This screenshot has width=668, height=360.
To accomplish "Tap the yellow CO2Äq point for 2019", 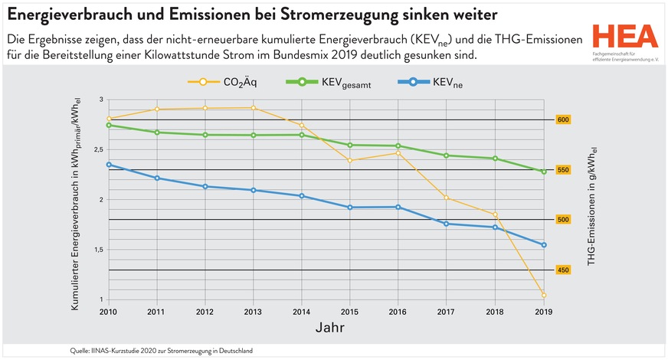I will tap(544, 295).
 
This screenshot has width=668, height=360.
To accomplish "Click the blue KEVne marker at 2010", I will tap(109, 165).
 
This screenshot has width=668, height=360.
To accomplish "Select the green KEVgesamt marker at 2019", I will tap(544, 172).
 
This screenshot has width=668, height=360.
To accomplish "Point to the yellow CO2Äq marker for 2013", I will tap(254, 108).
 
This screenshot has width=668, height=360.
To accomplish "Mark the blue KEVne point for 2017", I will tap(447, 224).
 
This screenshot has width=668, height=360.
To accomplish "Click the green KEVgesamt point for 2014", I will tap(302, 135).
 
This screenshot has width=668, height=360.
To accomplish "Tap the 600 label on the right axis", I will tap(564, 119).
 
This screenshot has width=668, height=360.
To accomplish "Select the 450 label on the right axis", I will tap(564, 270).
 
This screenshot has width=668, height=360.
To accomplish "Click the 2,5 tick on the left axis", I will tap(97, 149).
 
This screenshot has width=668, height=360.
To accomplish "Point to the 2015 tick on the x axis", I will tap(350, 313).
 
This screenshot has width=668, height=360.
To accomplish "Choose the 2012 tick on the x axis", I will tap(205, 313).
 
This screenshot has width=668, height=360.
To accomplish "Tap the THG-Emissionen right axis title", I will tap(592, 207).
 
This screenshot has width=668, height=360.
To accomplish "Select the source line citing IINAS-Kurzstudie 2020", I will tap(161, 350).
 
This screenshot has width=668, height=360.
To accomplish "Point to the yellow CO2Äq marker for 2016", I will tap(398, 153).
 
